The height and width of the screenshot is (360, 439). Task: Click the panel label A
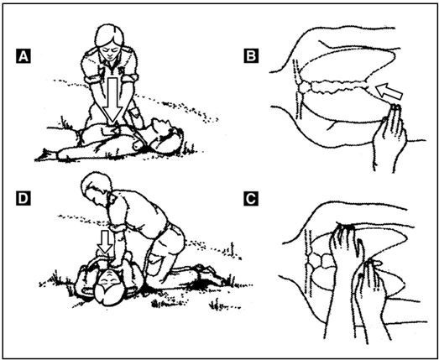coord(24,56)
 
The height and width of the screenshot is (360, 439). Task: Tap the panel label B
coord(251,56)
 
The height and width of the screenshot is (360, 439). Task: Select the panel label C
coord(251,199)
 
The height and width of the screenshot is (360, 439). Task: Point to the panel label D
coord(24,199)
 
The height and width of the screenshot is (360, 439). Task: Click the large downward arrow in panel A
coord(112,99)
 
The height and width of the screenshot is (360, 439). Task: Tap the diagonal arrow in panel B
coord(389,91)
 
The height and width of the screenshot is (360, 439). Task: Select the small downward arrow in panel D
coord(105,242)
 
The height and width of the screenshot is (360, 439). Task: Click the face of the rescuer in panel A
coord(108,50)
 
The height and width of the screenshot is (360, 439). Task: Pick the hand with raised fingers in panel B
coord(390,134)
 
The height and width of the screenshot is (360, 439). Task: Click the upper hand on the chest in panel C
coord(346,247)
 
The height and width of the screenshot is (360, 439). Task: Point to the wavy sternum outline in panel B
coord(333,86)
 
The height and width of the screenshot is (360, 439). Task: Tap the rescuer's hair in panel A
coord(109,35)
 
